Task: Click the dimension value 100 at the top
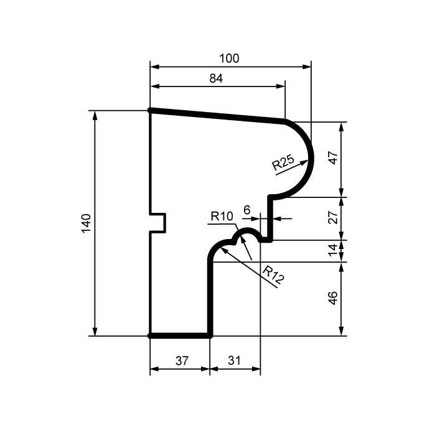(x=229, y=59)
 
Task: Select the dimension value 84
(x=216, y=78)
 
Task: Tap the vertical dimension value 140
(x=87, y=223)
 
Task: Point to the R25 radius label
(x=283, y=164)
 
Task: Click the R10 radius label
(x=221, y=217)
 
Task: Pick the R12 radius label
(x=273, y=274)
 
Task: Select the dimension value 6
(x=246, y=211)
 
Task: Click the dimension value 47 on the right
(x=333, y=158)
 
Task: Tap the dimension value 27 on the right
(x=333, y=218)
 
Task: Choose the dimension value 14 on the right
(x=333, y=251)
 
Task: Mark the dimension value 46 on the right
(x=333, y=299)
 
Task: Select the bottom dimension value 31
(x=234, y=360)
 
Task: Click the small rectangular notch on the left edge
(x=159, y=223)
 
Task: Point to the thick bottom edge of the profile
(x=180, y=335)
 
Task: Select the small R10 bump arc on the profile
(x=248, y=230)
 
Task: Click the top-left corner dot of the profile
(x=151, y=110)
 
